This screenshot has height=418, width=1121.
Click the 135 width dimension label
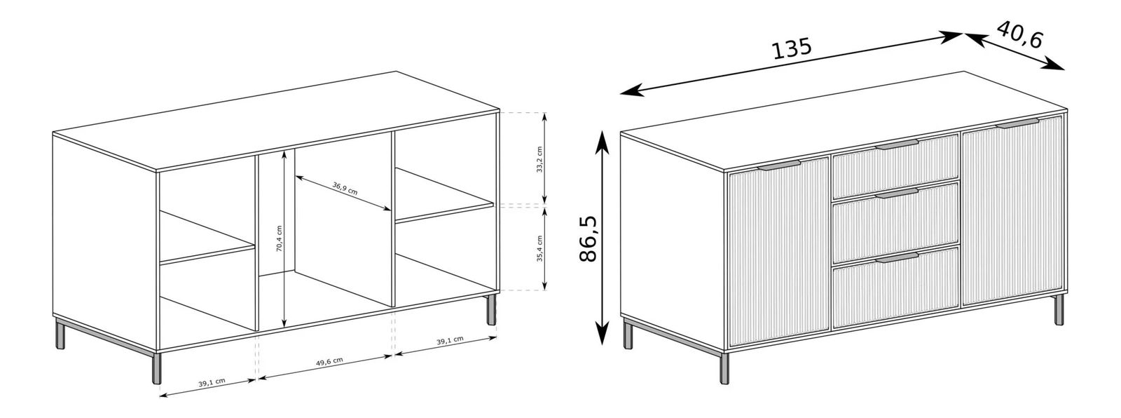792,48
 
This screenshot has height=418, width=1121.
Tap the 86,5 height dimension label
589,239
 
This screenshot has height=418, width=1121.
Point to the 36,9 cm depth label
345,189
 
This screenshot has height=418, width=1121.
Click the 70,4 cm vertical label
280,238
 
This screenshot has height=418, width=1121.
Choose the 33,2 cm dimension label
539,159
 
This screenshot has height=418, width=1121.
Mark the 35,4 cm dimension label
539,248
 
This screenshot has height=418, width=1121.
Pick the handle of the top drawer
897,145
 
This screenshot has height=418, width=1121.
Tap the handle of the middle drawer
897,194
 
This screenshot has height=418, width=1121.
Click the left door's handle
778,166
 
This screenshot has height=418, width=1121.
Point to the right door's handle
1017,123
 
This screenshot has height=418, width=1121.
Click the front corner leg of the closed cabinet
724,368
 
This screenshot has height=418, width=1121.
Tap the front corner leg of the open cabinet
157,368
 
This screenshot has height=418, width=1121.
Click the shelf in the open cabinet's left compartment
207,237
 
